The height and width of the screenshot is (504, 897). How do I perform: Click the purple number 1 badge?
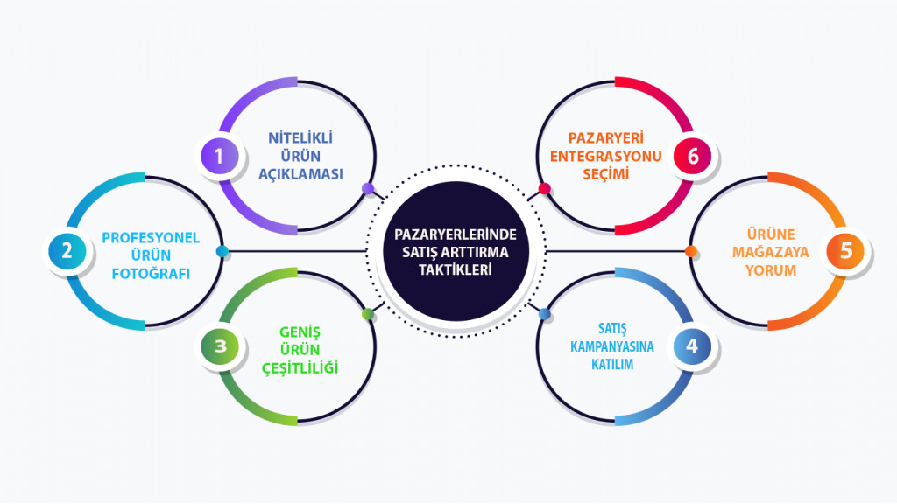[x=219, y=157]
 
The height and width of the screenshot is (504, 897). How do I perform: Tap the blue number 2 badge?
[x=67, y=252]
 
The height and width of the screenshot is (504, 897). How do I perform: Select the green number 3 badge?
[x=220, y=346]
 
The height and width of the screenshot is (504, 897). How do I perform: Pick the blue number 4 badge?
[x=692, y=346]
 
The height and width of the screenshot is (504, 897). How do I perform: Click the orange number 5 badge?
[x=845, y=251]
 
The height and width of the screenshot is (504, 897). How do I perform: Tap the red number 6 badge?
[x=693, y=157]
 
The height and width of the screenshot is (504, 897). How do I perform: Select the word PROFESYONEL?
[x=152, y=237]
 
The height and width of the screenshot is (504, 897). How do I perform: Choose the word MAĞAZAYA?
[x=771, y=252]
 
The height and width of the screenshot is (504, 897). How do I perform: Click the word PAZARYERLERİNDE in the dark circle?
[x=456, y=234]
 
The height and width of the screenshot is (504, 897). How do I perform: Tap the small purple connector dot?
[x=368, y=188]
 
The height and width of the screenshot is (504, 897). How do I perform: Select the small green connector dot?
[x=368, y=314]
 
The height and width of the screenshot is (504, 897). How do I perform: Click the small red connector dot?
[x=544, y=188]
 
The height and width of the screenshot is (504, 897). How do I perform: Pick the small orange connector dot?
[x=690, y=252]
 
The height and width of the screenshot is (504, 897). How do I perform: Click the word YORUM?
[x=771, y=270]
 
